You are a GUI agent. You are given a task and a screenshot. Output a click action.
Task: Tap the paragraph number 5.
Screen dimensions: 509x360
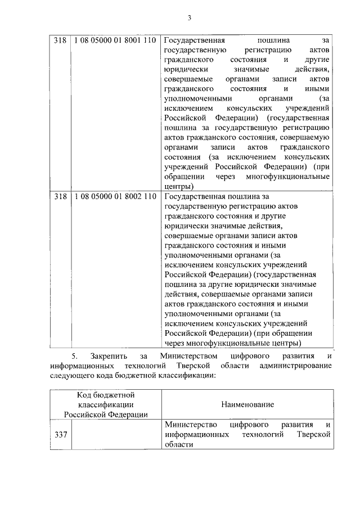(73, 356)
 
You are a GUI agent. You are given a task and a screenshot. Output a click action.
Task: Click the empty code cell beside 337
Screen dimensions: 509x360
(115, 434)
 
